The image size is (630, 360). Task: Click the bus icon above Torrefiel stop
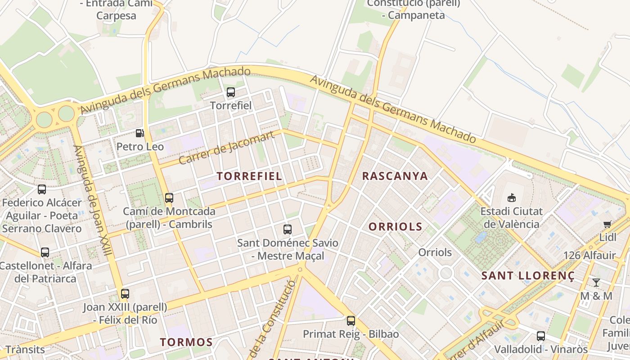pos(231,92)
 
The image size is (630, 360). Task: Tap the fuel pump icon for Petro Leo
pos(140,133)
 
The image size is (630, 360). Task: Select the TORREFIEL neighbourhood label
pos(250,176)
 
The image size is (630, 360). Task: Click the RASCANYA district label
pos(395,176)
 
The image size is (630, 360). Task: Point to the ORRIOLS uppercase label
pos(396,227)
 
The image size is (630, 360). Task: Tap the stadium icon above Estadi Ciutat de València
pos(511,198)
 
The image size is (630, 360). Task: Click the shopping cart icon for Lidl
pos(607,224)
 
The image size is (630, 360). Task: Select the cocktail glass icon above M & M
pos(596,283)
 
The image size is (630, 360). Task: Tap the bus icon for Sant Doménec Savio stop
pos(288,229)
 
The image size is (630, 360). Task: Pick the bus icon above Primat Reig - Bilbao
pos(351,321)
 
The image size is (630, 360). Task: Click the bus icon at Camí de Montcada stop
pos(169,198)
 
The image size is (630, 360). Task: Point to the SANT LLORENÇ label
pos(528,276)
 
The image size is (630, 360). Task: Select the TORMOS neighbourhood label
pos(186,342)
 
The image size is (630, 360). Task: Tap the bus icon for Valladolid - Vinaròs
pos(541,336)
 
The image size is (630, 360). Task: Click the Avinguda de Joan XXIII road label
pos(92,200)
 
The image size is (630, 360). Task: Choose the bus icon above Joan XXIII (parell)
pos(125,294)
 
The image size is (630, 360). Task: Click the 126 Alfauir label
pos(589,256)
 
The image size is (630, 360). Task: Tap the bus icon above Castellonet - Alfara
pos(45,252)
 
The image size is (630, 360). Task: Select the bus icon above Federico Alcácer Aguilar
pos(42,189)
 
